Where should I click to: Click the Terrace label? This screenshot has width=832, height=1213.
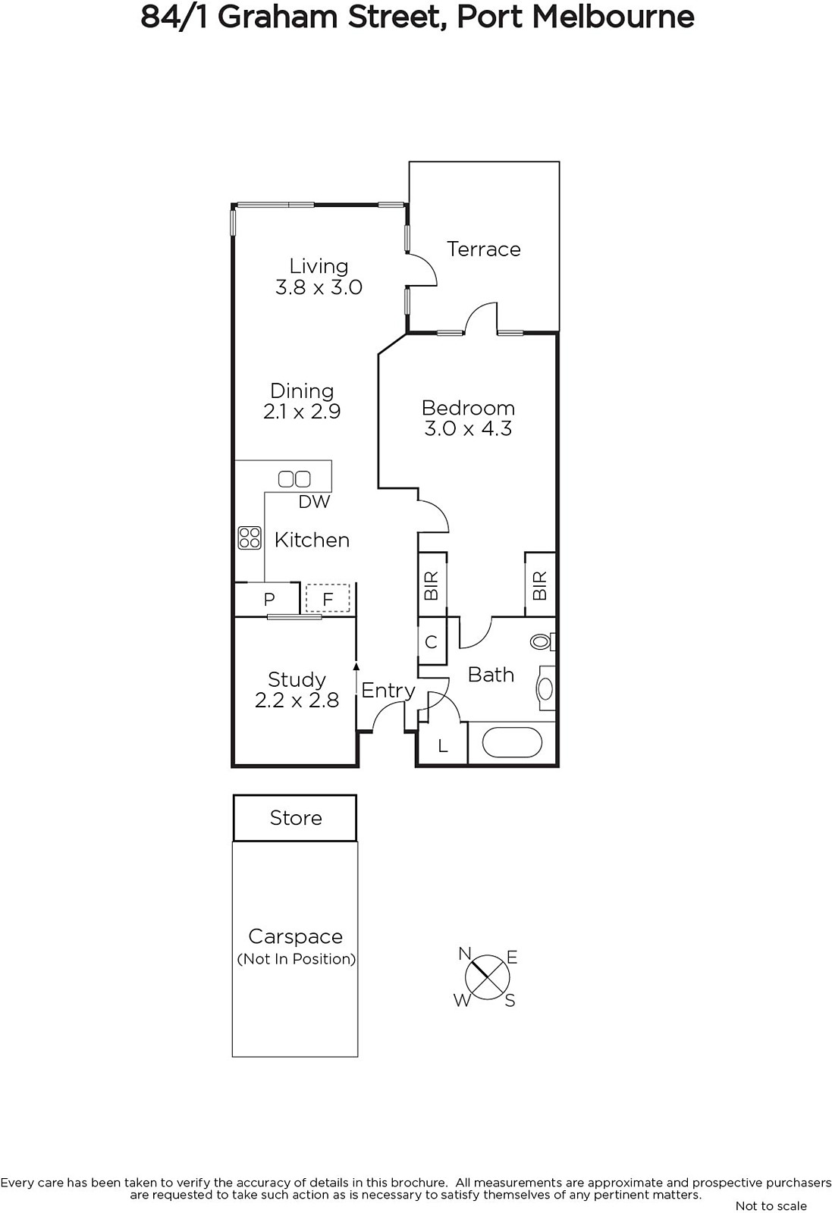coord(483,249)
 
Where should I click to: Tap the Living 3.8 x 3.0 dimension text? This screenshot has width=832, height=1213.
coord(319,287)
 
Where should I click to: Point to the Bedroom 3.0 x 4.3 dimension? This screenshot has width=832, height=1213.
coord(468,429)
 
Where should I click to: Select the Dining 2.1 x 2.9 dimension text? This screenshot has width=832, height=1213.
coord(302,412)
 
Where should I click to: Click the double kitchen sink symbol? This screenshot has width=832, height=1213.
coord(294,478)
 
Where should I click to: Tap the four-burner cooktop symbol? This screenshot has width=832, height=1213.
coord(250,538)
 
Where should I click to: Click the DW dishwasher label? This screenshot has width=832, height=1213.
coord(314,502)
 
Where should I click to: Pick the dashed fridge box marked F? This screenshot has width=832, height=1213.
coord(328,598)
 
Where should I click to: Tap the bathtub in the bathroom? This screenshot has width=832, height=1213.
coord(511,742)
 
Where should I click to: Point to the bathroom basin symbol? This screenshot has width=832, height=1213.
coord(545,688)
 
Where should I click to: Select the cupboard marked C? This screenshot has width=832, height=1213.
coord(432,641)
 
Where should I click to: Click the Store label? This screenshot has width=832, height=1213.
coord(296,818)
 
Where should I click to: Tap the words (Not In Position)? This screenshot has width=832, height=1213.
coord(297,959)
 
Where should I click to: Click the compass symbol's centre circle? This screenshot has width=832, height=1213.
coord(488,977)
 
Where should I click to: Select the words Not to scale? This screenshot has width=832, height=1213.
coord(771,1206)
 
